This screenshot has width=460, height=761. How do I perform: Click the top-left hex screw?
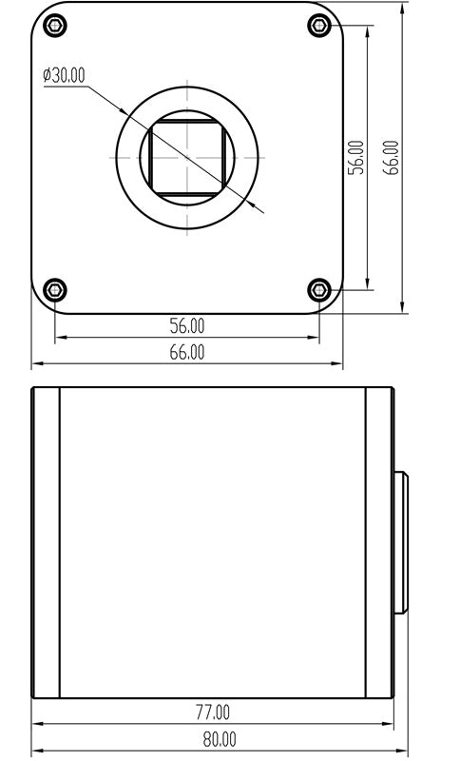(x=55, y=26)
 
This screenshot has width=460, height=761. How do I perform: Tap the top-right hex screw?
(x=319, y=26)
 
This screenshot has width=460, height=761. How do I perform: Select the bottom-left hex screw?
(x=55, y=290)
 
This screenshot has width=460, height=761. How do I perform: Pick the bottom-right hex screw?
(x=319, y=290)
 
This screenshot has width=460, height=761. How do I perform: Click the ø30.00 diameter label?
(x=64, y=75)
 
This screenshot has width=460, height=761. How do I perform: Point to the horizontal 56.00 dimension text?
(x=187, y=325)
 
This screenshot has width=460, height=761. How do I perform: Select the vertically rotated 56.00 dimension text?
(x=356, y=157)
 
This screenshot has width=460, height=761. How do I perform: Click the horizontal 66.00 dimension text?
(x=187, y=352)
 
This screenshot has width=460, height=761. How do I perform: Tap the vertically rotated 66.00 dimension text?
(x=392, y=157)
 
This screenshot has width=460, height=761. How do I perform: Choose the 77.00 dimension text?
(x=213, y=712)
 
